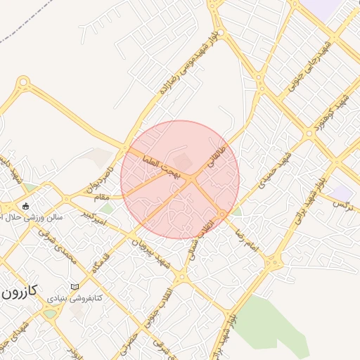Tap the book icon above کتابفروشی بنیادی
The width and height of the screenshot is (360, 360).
click(75, 287)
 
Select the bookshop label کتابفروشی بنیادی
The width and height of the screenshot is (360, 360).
click(75, 299)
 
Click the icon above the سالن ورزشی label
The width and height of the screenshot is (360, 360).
click(27, 206)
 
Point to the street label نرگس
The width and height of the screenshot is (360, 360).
click(341, 203)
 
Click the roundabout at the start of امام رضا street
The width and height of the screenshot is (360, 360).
click(223, 214)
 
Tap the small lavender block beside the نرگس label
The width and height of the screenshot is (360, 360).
click(342, 193)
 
